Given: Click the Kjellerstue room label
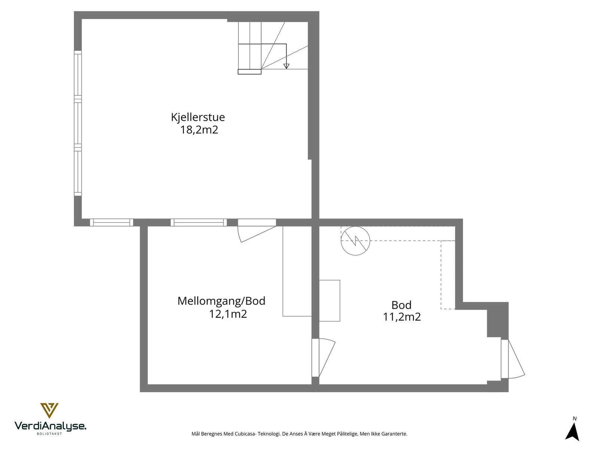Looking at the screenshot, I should pyautogui.click(x=198, y=117).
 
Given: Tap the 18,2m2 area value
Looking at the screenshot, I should pyautogui.click(x=199, y=130).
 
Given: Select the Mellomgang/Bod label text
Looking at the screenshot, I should pyautogui.click(x=221, y=301).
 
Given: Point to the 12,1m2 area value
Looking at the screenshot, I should pyautogui.click(x=228, y=314).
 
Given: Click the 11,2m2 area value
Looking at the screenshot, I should pyautogui.click(x=401, y=317).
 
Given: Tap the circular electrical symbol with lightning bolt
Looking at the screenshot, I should pyautogui.click(x=355, y=241).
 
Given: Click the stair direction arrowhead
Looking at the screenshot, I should pyautogui.click(x=286, y=66).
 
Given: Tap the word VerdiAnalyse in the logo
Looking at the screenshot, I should pyautogui.click(x=50, y=426).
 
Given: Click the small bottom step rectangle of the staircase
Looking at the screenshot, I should pyautogui.click(x=249, y=72).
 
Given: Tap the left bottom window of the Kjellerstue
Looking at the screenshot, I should pyautogui.click(x=112, y=223).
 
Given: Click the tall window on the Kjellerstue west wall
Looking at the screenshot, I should pyautogui.click(x=77, y=123).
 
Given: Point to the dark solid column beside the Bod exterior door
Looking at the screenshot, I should pyautogui.click(x=498, y=320).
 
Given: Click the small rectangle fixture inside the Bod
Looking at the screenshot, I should pyautogui.click(x=329, y=300).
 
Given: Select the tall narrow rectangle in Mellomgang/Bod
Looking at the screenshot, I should pyautogui.click(x=297, y=271).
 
